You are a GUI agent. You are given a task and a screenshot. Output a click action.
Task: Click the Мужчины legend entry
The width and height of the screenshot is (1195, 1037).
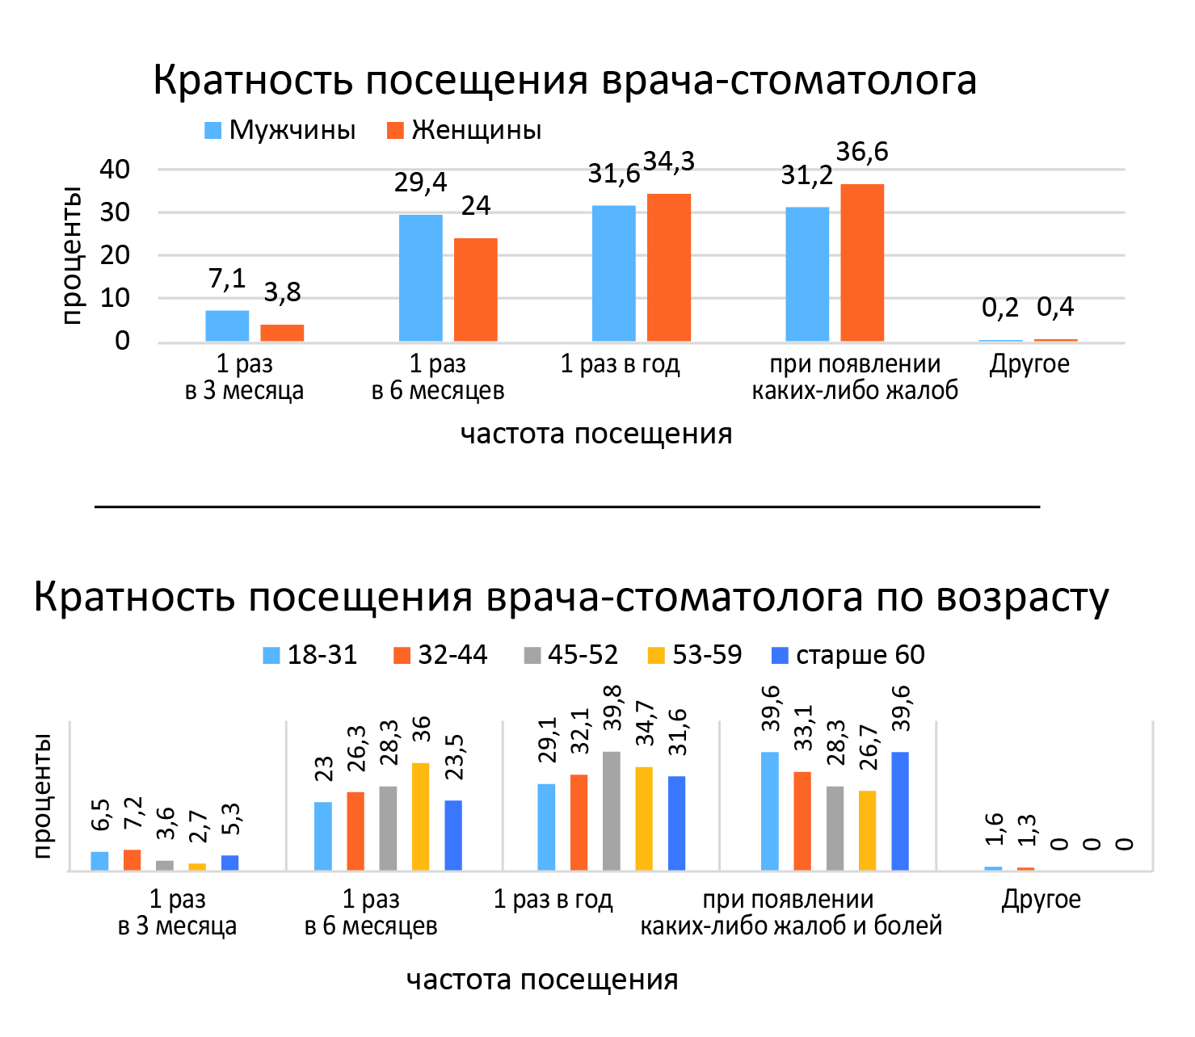point(280,130)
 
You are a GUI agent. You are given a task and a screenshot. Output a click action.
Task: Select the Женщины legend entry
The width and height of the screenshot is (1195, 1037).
point(465,130)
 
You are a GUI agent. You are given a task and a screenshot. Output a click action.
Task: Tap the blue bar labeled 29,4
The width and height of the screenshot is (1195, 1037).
point(420,278)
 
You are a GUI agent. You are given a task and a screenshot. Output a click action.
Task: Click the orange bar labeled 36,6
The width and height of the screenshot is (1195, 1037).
point(862,262)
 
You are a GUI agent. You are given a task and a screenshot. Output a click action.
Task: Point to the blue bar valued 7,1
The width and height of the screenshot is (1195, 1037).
point(227,325)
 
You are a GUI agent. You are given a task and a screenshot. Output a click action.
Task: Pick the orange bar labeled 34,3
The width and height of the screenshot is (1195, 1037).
point(669,267)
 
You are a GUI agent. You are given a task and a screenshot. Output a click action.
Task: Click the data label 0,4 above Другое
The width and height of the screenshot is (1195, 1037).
point(1055,307)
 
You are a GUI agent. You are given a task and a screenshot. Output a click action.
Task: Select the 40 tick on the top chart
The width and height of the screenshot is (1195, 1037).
point(115,170)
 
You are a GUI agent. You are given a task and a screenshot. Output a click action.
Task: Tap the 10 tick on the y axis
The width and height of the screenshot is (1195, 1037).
point(115,298)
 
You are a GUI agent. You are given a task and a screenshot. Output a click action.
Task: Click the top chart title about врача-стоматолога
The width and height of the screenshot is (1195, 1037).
point(565,81)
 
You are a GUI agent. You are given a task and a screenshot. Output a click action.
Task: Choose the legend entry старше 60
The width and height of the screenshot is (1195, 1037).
point(848,655)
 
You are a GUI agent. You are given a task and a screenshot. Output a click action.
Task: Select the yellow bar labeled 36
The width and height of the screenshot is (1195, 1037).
point(420,816)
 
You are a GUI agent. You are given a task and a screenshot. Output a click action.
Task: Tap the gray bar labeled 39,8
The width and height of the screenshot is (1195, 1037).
point(612,810)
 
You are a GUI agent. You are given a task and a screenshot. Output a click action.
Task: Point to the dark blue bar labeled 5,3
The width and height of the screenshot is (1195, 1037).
point(230,863)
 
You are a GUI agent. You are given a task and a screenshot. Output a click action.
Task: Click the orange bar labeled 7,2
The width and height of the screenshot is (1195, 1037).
point(133,859)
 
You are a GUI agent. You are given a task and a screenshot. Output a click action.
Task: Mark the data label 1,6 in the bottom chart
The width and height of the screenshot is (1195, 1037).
point(994,829)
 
